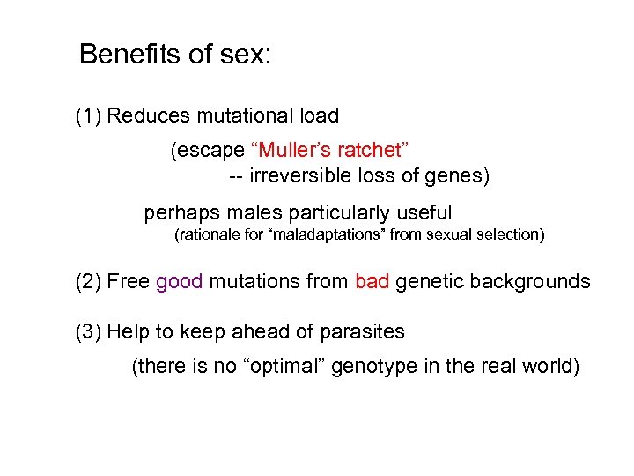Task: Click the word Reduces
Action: tap(147, 115)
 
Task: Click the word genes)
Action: tap(457, 175)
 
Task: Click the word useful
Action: tap(424, 212)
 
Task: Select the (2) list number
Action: tap(89, 282)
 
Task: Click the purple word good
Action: tap(180, 282)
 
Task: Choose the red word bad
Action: tap(372, 282)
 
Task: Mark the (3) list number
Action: tap(89, 332)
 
